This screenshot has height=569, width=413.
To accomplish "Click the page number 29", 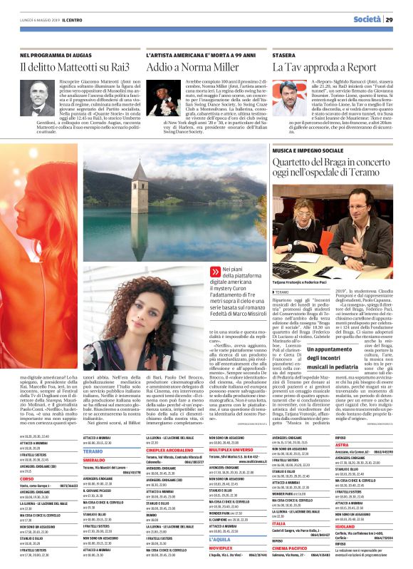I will click(399, 19).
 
